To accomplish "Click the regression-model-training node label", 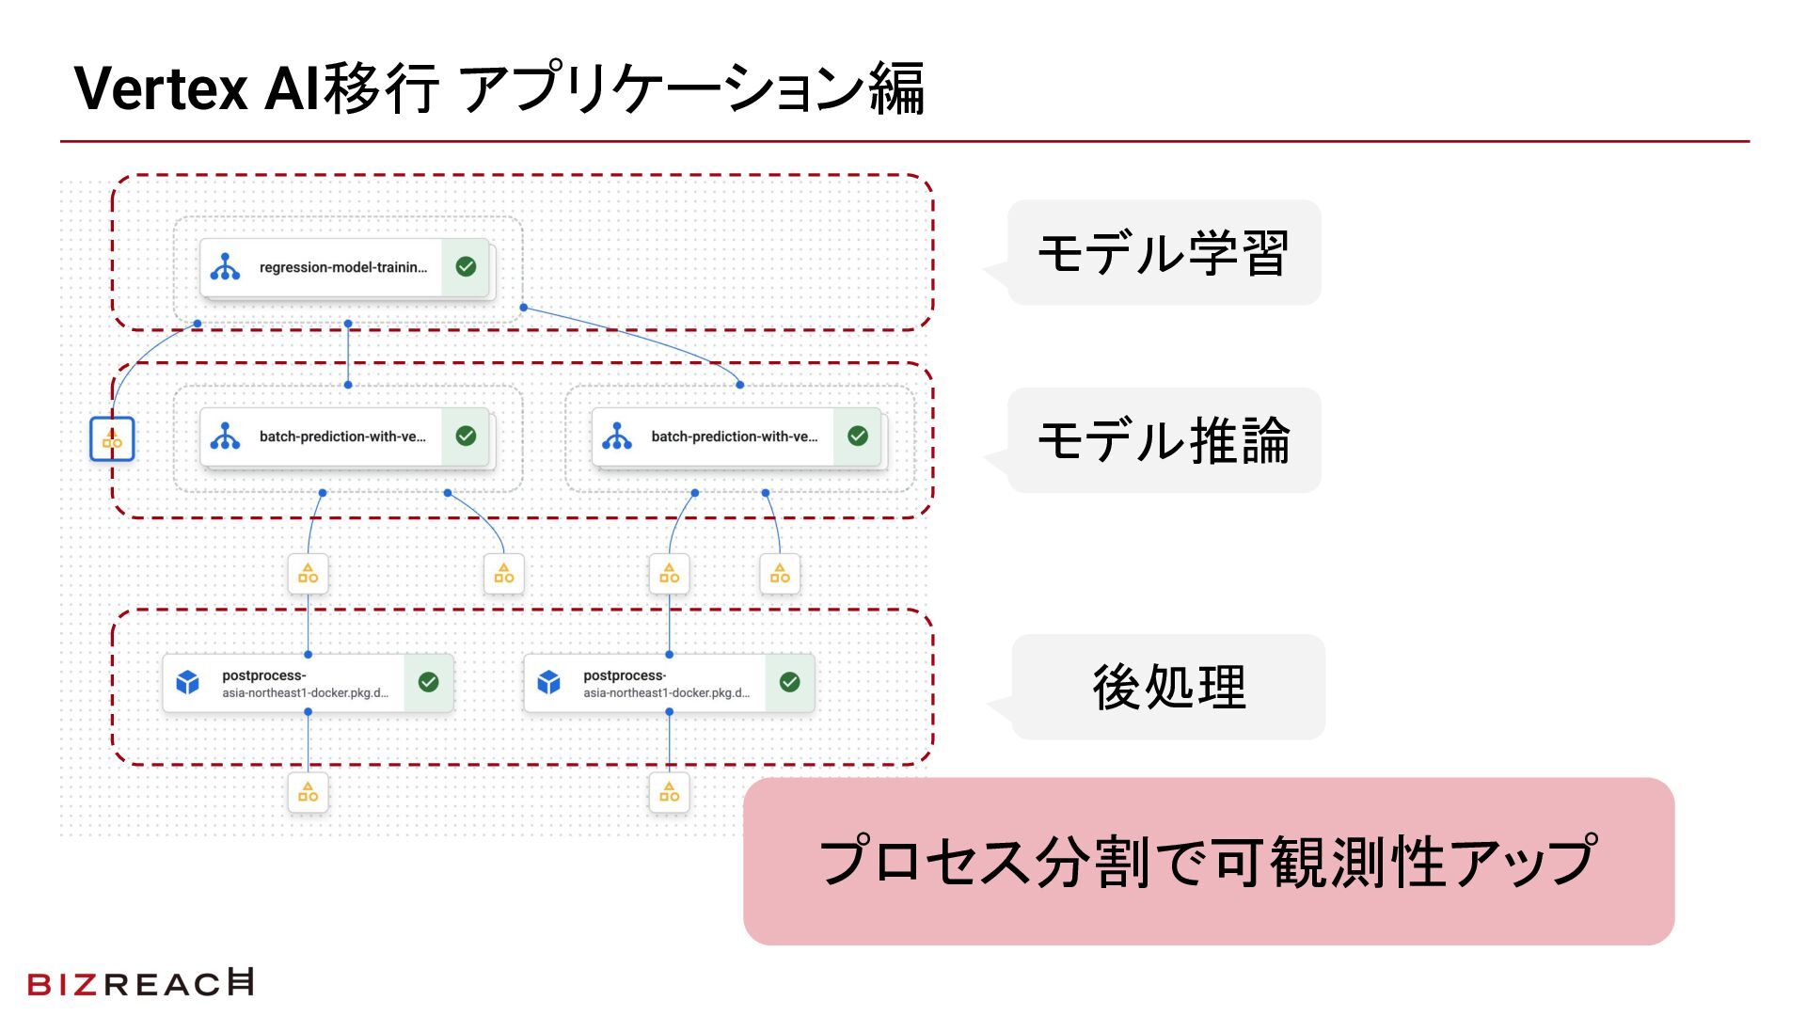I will click(342, 268).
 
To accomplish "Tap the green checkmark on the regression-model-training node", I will click(466, 267).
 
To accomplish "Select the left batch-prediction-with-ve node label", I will click(342, 437).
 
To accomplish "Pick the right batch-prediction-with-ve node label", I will click(734, 437).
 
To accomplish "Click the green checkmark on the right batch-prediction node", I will click(858, 436).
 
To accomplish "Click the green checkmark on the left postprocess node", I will click(429, 682).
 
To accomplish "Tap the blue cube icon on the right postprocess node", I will click(549, 682).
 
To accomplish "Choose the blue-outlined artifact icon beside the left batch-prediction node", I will click(112, 439).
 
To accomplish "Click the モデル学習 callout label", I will click(1164, 252).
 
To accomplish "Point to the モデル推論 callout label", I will click(1164, 440).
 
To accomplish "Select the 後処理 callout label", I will click(1168, 687).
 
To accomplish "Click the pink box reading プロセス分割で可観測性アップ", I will click(1208, 861).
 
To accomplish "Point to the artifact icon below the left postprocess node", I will click(309, 793).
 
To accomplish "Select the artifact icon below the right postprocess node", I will click(670, 793).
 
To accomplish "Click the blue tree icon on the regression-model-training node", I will click(226, 267).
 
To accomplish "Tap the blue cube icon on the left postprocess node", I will click(188, 682).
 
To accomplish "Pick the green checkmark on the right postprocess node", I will click(790, 682).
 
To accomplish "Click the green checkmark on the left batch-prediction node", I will click(466, 436).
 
